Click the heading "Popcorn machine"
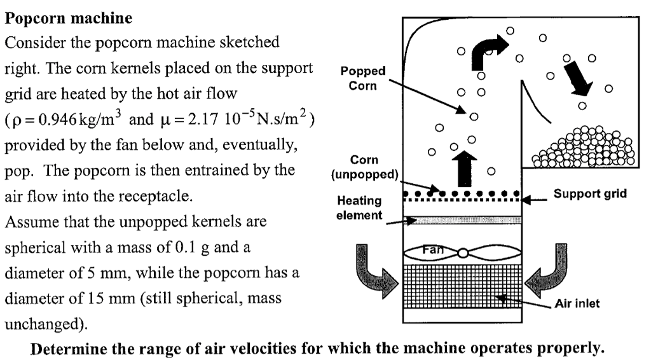(x=69, y=18)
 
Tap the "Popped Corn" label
(x=362, y=78)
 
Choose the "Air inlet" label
(x=577, y=303)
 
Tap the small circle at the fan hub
(x=463, y=253)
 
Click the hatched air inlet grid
(x=463, y=286)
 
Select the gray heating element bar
(x=463, y=220)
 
